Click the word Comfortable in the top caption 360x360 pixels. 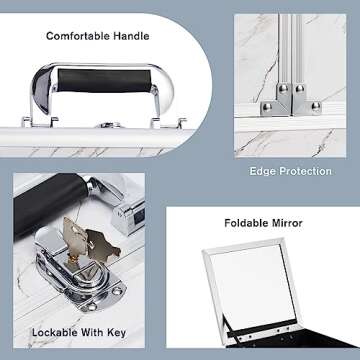pos(78,36)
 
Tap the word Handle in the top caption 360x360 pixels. pos(131,36)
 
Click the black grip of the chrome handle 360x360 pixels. pos(104,81)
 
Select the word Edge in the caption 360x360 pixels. pos(263,171)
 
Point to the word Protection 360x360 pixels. pos(305,171)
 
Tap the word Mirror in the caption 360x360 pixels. pos(287,223)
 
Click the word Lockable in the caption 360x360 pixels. pos(56,332)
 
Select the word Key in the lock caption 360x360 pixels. pos(116,333)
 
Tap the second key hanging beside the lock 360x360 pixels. pos(102,244)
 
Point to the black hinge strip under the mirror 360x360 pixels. pos(262,329)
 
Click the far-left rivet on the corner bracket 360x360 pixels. pos(267,107)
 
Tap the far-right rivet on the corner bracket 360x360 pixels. pos(316,106)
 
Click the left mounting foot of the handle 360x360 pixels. pos(40,121)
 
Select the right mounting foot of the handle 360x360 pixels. pos(168,122)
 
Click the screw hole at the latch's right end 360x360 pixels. pos(117,291)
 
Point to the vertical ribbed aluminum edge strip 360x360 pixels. pos(291,50)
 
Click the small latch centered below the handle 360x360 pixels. pos(108,125)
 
